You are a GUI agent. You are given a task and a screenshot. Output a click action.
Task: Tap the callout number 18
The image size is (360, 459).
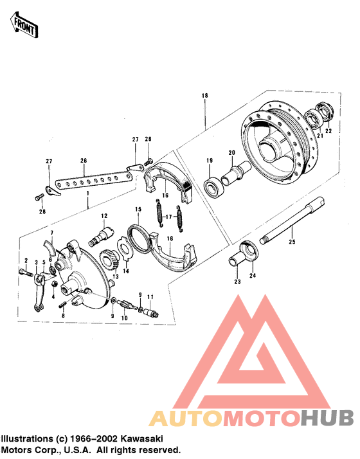coord(204,96)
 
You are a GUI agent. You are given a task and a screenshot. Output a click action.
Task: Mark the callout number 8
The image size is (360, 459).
coord(63,316)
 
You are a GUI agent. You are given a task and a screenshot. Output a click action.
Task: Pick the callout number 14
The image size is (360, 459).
coord(126,272)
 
